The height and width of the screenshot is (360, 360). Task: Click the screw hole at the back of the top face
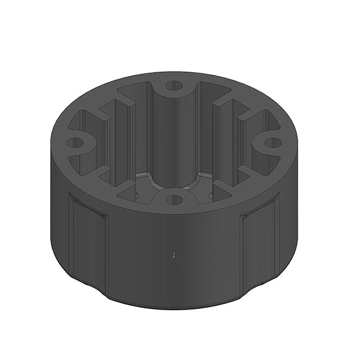pos(174,86)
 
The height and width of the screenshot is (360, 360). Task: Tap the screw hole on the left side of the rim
pos(75,143)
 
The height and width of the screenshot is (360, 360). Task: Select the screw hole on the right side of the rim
pos(273,143)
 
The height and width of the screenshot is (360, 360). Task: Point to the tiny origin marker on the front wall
pos(173,256)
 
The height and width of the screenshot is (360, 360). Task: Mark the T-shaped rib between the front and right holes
pos(235,178)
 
